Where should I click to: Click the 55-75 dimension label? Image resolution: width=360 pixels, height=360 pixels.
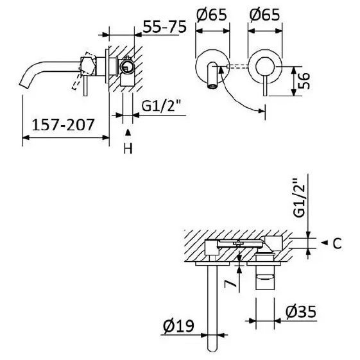[x=164, y=27]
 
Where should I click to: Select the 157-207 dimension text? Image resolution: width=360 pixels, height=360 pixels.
[x=63, y=124]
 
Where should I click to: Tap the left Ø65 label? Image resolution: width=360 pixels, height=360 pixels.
[x=212, y=15]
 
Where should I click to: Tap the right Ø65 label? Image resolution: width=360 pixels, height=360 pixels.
[x=265, y=15]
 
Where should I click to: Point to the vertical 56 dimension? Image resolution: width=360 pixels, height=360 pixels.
[x=304, y=81]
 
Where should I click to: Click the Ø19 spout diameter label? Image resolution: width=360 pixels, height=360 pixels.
[x=178, y=325]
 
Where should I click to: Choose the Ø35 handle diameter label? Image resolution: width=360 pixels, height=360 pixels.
[x=301, y=312]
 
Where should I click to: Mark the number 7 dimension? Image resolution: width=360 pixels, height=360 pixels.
[x=230, y=284]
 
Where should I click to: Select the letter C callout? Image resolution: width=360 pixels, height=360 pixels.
[x=338, y=244]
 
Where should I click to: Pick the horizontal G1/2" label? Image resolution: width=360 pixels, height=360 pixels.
[x=162, y=106]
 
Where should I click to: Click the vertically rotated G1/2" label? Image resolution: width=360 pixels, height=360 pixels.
[x=299, y=198]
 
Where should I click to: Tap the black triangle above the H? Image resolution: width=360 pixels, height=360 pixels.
[x=128, y=132]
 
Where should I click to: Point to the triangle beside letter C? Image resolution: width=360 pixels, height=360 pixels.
[x=324, y=243]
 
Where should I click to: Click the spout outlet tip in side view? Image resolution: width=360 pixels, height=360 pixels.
[x=25, y=84]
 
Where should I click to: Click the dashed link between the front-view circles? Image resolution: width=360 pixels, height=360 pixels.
[x=237, y=66]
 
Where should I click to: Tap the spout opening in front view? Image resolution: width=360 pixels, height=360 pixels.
[x=212, y=87]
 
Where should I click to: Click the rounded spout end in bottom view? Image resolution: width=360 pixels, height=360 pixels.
[x=212, y=348]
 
